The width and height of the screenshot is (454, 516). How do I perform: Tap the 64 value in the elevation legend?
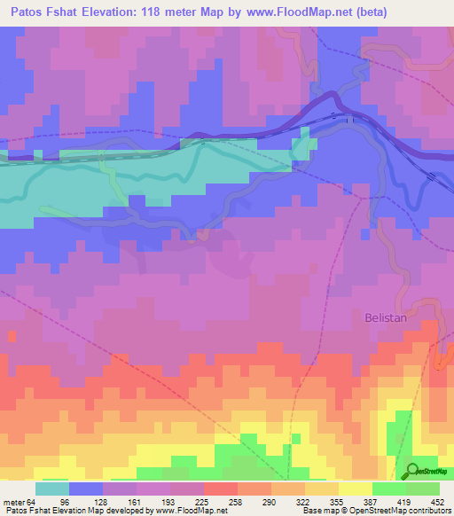point(33,502)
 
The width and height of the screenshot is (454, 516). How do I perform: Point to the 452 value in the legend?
point(437,502)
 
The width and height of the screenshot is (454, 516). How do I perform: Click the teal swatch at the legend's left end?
point(51,489)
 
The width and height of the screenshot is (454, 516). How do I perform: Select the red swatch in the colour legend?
point(220,489)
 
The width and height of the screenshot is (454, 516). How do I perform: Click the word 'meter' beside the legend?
point(13,502)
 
